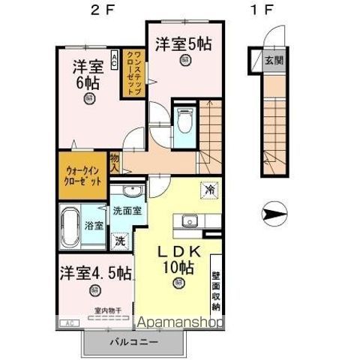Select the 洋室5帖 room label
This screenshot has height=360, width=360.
point(184,43)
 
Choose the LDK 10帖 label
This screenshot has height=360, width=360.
point(176,256)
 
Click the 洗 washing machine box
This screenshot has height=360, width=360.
point(119,241)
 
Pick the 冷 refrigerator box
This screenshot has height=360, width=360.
point(208,190)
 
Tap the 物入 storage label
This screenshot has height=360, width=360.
point(114,163)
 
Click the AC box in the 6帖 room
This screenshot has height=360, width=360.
point(113,58)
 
